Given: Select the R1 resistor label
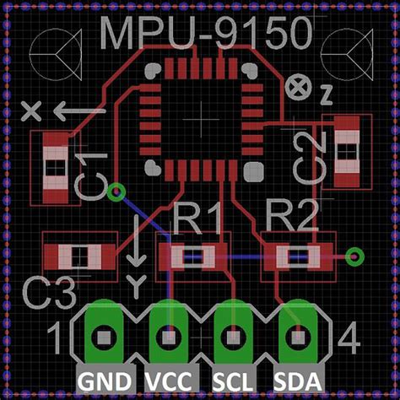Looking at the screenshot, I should point(197,220).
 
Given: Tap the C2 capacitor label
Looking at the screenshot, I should point(310,157).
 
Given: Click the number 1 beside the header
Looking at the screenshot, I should point(55,339).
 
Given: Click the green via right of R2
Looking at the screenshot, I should point(354,254).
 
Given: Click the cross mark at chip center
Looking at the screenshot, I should point(199,123).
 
